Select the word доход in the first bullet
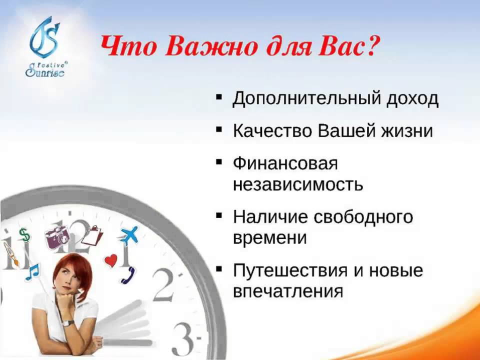click(412, 98)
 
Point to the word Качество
click(272, 130)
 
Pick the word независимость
click(298, 184)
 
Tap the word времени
click(269, 238)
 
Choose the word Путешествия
click(290, 271)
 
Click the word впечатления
click(288, 291)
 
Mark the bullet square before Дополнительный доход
click(219, 97)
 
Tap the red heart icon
click(111, 260)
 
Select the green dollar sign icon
click(24, 235)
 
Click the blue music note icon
click(32, 272)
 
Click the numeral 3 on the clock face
click(183, 338)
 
